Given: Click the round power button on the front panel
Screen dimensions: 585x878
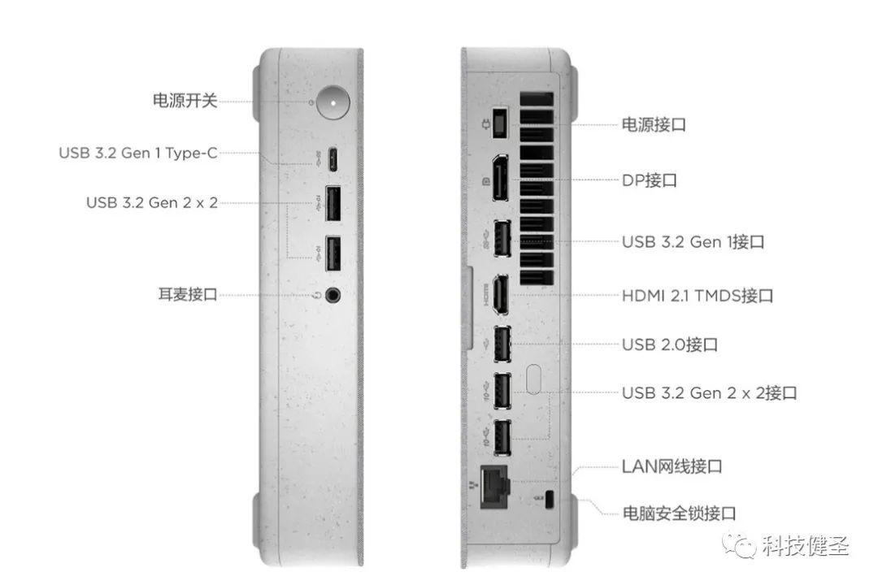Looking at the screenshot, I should pyautogui.click(x=333, y=102).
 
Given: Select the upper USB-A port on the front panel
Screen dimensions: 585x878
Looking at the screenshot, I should pyautogui.click(x=333, y=203).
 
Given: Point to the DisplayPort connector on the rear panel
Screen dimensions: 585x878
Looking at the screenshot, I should pyautogui.click(x=501, y=177).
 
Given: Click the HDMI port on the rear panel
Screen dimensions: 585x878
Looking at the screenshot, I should pyautogui.click(x=501, y=295).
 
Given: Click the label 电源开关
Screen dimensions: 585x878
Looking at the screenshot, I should pyautogui.click(x=185, y=101).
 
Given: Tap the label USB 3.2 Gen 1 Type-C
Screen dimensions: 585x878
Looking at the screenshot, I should pyautogui.click(x=138, y=153).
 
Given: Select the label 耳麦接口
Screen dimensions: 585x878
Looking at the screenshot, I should pyautogui.click(x=188, y=294).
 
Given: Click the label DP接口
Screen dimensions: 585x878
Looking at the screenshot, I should pyautogui.click(x=650, y=180).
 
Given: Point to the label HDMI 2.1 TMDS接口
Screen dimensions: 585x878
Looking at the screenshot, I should pyautogui.click(x=698, y=295).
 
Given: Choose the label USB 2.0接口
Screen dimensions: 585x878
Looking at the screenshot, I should pyautogui.click(x=670, y=344).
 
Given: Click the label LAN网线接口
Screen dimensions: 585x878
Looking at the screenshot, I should pyautogui.click(x=672, y=466).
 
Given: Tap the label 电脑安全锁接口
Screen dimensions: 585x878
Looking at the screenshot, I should pyautogui.click(x=679, y=513).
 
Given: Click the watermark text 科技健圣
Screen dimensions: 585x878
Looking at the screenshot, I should pyautogui.click(x=806, y=546).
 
